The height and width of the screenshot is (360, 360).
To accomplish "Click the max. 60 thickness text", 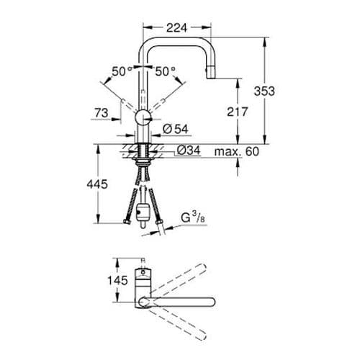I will coord(235,151).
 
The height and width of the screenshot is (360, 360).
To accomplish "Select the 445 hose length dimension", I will coord(96,184).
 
